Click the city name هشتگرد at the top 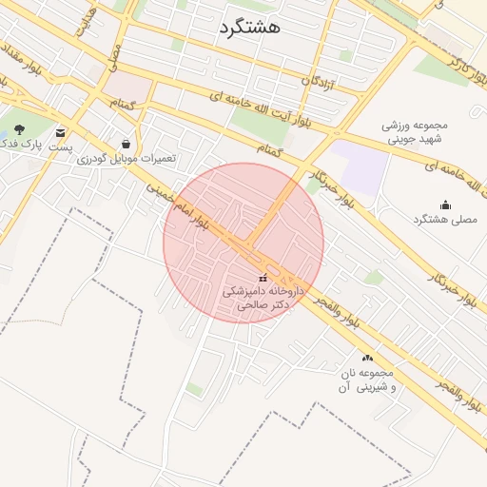pos(248,27)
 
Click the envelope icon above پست pos(61,133)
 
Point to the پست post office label pos(60,148)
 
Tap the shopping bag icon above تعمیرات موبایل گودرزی pos(126,144)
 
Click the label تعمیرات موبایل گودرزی pos(126,158)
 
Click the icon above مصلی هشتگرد pos(444,205)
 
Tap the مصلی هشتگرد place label pos(443,220)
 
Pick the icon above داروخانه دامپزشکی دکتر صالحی pos(263,279)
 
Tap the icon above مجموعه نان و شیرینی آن pos(367,358)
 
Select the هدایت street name pos(86,22)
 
